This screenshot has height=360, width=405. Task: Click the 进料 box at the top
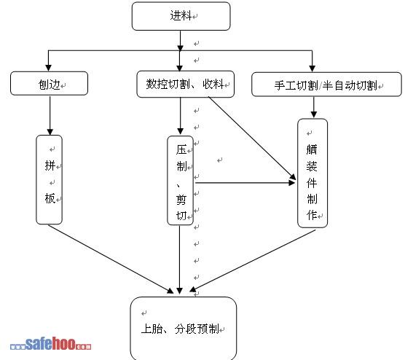pyautogui.click(x=181, y=16)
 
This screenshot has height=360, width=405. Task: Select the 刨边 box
pyautogui.click(x=49, y=84)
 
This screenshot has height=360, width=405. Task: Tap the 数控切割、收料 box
pyautogui.click(x=186, y=85)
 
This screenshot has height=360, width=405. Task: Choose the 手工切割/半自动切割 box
pyautogui.click(x=326, y=85)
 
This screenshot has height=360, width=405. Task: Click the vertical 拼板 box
pyautogui.click(x=49, y=179)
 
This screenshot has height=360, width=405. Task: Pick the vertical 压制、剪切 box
pyautogui.click(x=181, y=181)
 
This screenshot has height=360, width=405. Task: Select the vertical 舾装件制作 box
pyautogui.click(x=312, y=173)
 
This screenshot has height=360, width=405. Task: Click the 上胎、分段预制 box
pyautogui.click(x=184, y=328)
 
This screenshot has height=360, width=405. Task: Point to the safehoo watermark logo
pyautogui.click(x=51, y=344)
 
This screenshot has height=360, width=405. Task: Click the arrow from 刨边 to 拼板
pyautogui.click(x=50, y=116)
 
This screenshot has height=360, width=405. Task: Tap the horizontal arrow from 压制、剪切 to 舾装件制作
pyautogui.click(x=245, y=183)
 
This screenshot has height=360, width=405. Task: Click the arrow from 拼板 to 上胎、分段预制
pyautogui.click(x=111, y=259)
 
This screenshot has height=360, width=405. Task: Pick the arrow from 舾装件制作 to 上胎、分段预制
pyautogui.click(x=252, y=261)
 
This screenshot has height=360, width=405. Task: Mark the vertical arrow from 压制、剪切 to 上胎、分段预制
pyautogui.click(x=179, y=259)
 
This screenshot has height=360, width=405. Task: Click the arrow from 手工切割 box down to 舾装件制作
pyautogui.click(x=313, y=107)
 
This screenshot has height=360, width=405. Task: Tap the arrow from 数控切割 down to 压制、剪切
pyautogui.click(x=181, y=116)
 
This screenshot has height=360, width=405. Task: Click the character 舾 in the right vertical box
pyautogui.click(x=312, y=149)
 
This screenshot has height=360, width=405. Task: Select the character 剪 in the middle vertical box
pyautogui.click(x=181, y=199)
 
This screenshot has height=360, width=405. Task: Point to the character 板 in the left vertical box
pyautogui.click(x=50, y=198)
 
